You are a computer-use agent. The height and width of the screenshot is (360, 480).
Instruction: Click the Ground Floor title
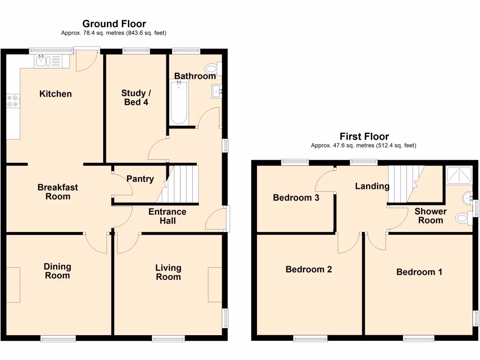[114, 23]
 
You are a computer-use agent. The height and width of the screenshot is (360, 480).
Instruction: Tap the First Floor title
[364, 136]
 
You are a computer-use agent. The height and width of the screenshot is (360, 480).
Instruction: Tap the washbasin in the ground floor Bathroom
[217, 91]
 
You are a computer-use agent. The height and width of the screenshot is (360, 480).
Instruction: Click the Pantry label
[140, 179]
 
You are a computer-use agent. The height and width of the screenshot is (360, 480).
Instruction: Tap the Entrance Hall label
[167, 216]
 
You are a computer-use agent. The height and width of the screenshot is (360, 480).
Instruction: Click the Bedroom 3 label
[296, 198]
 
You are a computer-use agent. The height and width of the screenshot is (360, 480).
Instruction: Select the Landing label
[372, 186]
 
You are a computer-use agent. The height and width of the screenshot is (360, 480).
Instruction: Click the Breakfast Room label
[58, 192]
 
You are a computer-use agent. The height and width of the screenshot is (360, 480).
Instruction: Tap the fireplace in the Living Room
[215, 285]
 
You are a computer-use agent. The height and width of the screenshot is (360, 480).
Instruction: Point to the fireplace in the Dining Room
[14, 285]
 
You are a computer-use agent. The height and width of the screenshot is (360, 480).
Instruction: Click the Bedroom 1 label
[419, 272]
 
